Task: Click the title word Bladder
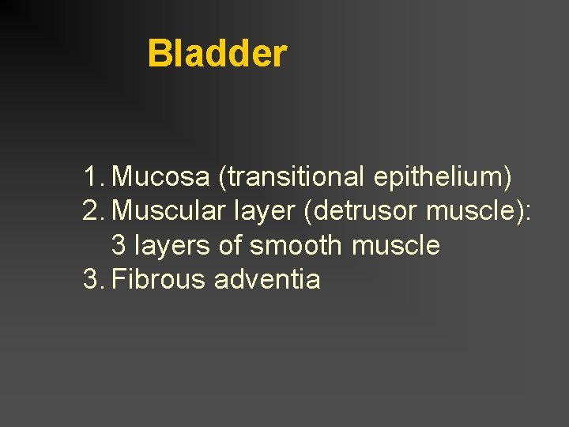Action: tap(217, 54)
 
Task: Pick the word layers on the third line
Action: tap(172, 246)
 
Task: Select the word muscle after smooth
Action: tap(396, 246)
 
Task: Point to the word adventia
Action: tap(268, 280)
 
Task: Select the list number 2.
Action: tap(93, 212)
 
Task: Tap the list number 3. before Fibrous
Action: tap(93, 280)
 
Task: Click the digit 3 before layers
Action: tap(119, 246)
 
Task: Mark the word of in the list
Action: tap(230, 246)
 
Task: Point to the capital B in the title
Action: tap(159, 54)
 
